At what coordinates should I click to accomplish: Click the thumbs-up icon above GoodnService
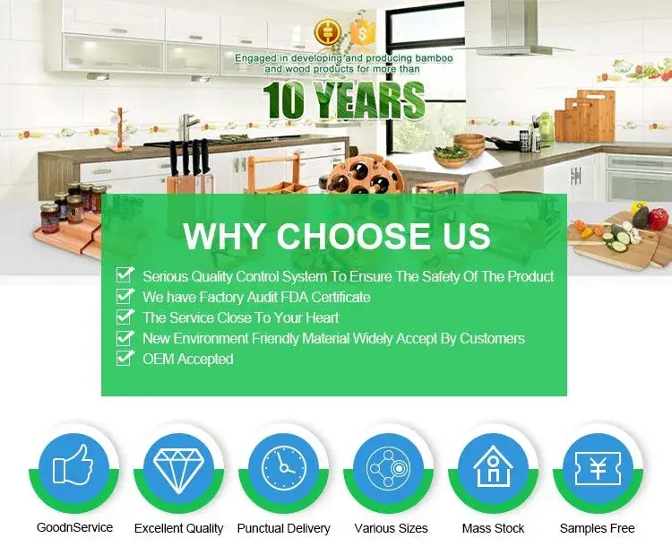click(x=73, y=465)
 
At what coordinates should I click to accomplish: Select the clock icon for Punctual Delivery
click(x=284, y=468)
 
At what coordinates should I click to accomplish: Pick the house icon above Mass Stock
click(x=493, y=466)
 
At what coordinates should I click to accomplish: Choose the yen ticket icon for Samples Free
click(x=598, y=468)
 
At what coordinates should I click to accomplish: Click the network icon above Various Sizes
click(x=388, y=468)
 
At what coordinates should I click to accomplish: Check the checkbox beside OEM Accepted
click(x=125, y=358)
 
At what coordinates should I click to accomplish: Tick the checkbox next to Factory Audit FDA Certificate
click(x=125, y=296)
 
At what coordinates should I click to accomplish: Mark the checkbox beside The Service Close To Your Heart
click(x=125, y=317)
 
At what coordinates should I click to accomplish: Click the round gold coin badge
click(x=328, y=31)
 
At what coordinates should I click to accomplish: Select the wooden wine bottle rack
click(x=365, y=175)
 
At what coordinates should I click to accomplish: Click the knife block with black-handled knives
click(x=187, y=169)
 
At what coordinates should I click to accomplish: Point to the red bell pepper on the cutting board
click(x=659, y=219)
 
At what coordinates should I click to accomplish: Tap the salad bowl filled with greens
click(x=452, y=156)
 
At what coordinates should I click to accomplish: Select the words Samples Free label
click(x=597, y=528)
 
